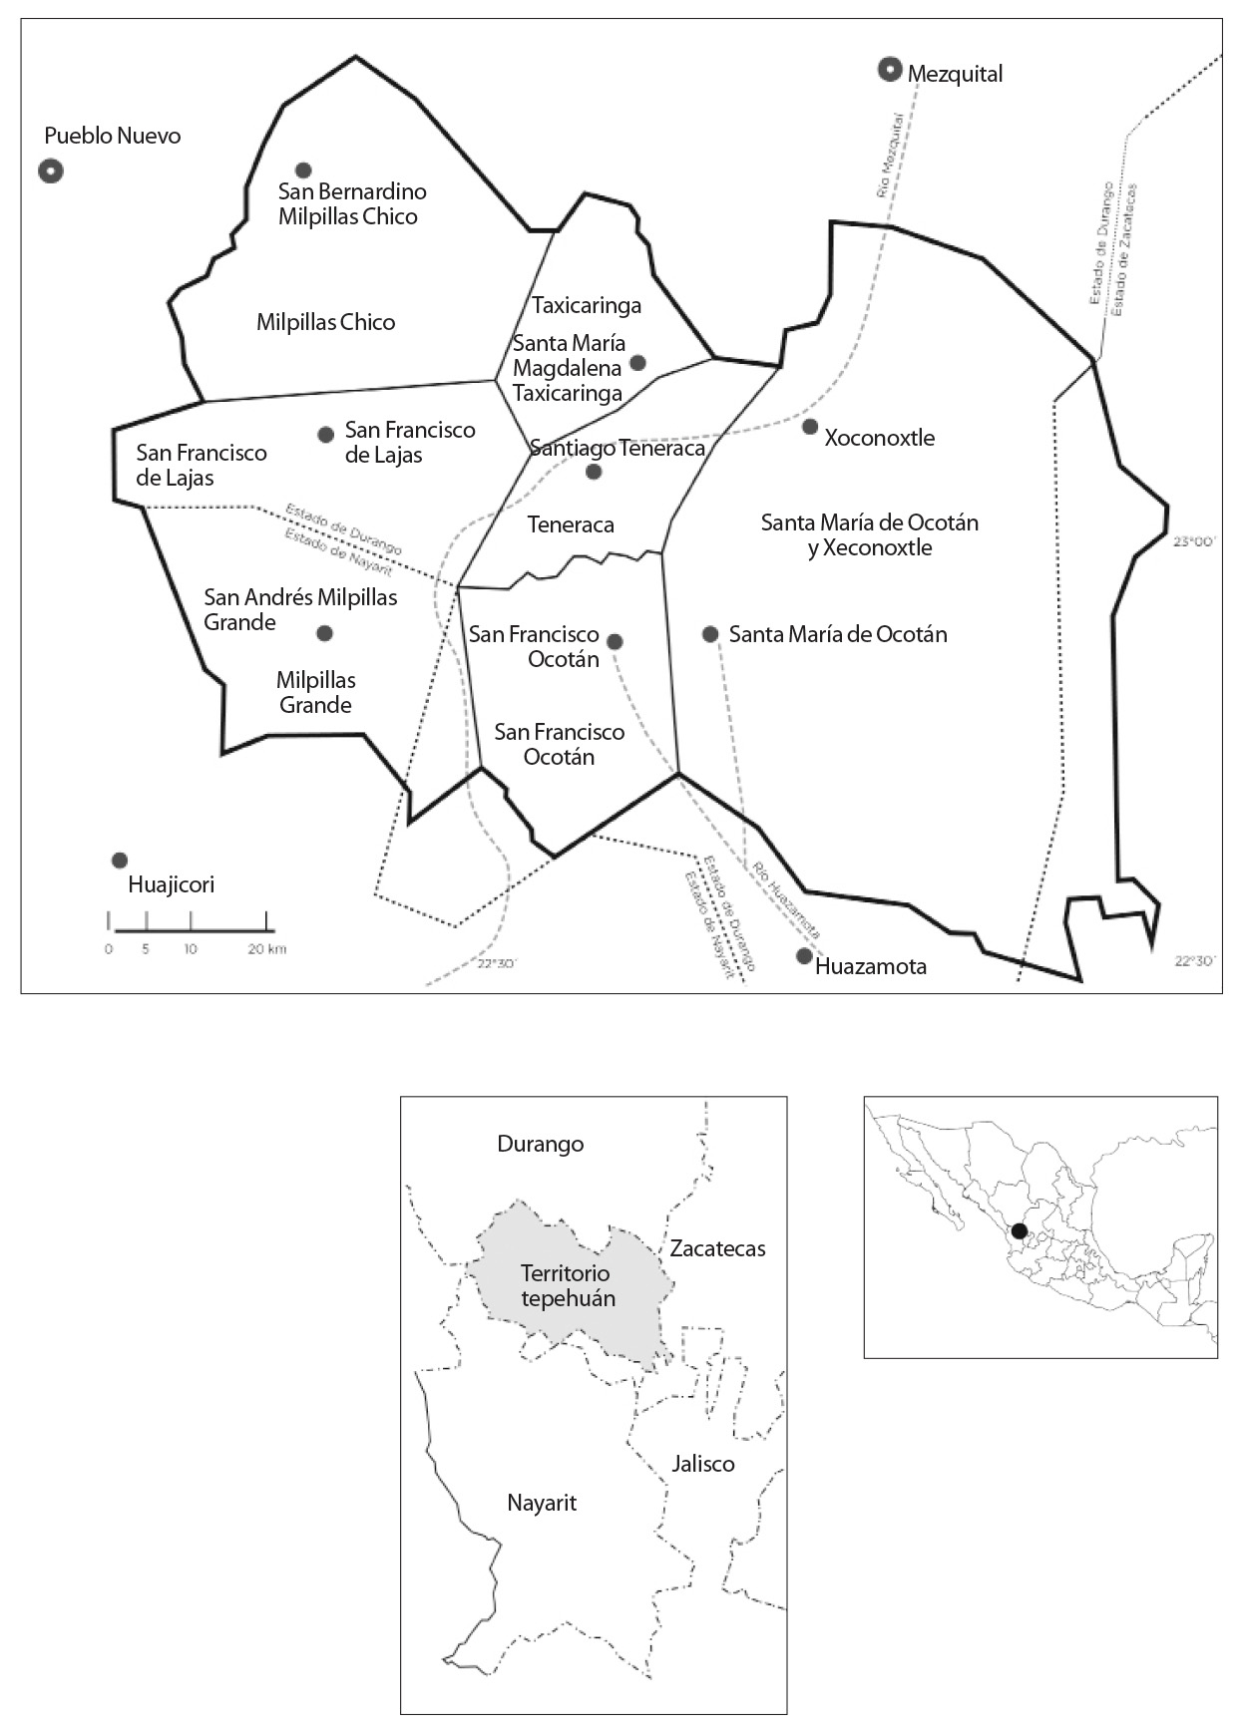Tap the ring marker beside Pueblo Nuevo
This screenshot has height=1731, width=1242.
tap(52, 172)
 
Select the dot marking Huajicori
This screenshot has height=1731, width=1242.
tap(120, 861)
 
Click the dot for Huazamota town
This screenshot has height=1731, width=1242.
tap(804, 956)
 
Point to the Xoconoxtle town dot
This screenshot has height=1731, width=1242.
tap(810, 427)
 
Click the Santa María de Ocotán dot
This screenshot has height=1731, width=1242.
tap(710, 634)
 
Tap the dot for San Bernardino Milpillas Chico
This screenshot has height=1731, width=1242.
tap(303, 170)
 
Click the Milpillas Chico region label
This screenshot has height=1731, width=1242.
tap(325, 322)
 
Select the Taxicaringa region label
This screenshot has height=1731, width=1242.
tap(586, 305)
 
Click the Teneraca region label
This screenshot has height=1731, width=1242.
tap(571, 524)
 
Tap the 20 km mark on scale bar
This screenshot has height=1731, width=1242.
tap(267, 949)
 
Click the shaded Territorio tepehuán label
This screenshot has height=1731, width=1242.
tap(567, 1286)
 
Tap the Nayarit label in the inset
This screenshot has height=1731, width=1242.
tap(542, 1503)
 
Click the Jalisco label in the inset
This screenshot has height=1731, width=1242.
tap(703, 1464)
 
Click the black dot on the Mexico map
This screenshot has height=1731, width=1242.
tap(1019, 1231)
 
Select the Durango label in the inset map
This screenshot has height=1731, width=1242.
tap(540, 1144)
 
